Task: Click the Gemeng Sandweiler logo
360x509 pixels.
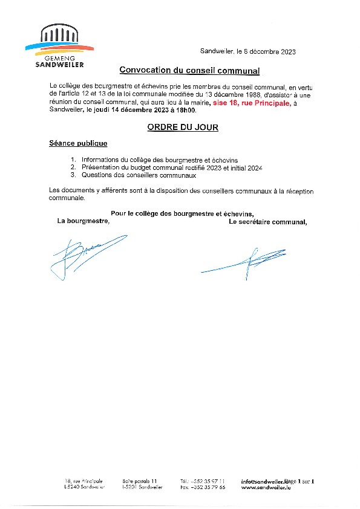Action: [x=59, y=46]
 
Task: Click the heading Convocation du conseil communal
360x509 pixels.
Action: [x=189, y=71]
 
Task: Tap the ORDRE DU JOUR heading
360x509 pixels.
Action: [x=182, y=128]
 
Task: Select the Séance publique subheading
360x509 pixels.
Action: [x=78, y=143]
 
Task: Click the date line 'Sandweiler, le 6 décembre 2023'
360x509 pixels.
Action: [x=247, y=53]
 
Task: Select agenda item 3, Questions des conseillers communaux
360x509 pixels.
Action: [x=133, y=175]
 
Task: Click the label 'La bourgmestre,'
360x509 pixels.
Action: [x=83, y=221]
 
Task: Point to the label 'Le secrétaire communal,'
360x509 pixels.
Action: [x=267, y=221]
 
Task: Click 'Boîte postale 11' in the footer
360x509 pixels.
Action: [x=139, y=481]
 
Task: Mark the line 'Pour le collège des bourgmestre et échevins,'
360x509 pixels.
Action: [x=182, y=213]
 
